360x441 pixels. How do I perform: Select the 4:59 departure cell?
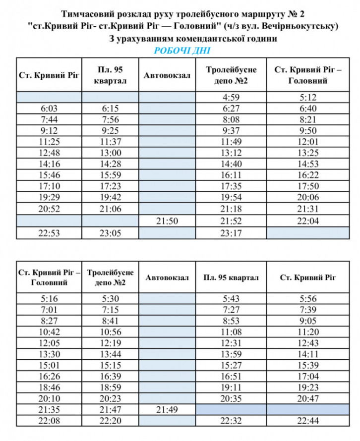[x=232, y=97]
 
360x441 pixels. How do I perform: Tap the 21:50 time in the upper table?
[x=168, y=220]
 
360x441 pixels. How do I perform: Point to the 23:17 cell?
[x=232, y=232]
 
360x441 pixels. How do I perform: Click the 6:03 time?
[x=49, y=109]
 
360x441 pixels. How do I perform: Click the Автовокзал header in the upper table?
[x=168, y=75]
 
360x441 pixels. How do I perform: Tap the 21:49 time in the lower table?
[x=168, y=410]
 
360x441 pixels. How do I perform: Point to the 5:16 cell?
[x=49, y=299]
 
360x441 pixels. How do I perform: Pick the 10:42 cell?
[x=49, y=332]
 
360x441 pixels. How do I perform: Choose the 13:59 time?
[x=232, y=354]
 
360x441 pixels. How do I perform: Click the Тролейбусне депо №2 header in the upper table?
[x=232, y=75]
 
